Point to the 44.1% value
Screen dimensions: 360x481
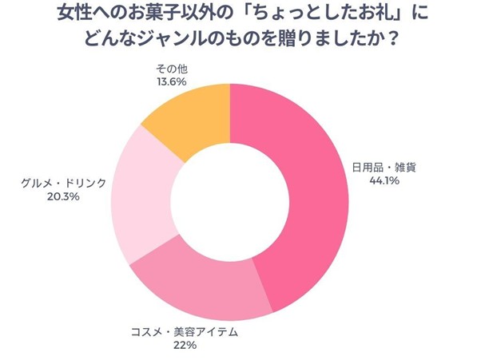pos(382,181)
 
